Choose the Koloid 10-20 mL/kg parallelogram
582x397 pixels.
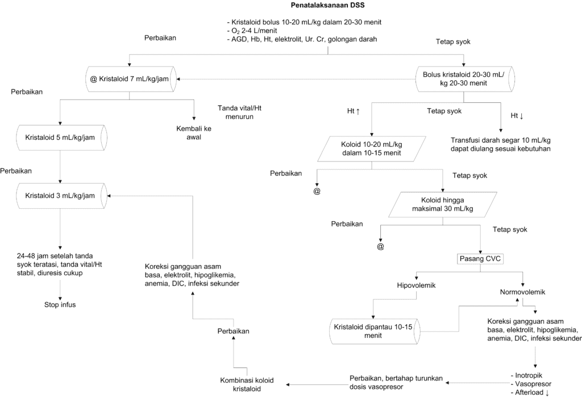(372, 148)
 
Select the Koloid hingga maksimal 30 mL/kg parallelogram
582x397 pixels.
(442, 204)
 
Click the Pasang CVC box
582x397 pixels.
(480, 259)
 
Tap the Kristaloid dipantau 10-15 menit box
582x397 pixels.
(375, 331)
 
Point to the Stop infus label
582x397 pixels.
(60, 304)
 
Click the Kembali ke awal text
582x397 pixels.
(194, 133)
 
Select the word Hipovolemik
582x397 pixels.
(416, 286)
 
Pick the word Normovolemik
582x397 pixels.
(523, 292)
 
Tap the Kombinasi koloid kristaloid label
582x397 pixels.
(247, 384)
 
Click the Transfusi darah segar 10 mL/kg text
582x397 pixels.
(501, 140)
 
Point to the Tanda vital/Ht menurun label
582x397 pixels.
(239, 112)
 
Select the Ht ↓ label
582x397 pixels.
(517, 116)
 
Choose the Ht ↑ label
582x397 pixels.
(354, 111)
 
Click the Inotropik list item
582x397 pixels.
(526, 375)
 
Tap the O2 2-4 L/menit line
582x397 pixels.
(252, 31)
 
